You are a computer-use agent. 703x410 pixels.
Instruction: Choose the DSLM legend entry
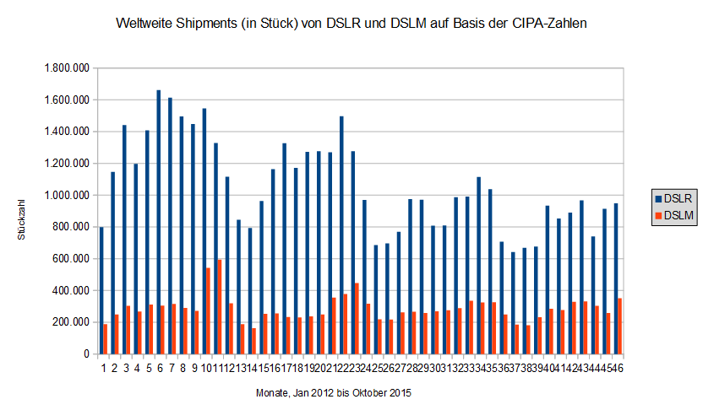(x=675, y=216)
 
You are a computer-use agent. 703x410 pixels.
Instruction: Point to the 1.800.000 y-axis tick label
(x=66, y=68)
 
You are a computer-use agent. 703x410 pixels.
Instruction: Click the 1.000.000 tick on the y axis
(x=66, y=195)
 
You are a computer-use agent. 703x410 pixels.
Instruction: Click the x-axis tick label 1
(x=103, y=367)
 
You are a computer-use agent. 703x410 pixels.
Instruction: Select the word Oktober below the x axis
(x=371, y=393)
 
